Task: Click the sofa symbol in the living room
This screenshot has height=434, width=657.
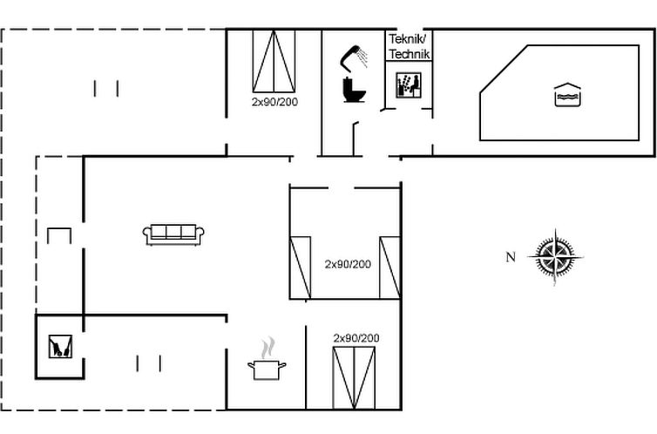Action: (x=173, y=234)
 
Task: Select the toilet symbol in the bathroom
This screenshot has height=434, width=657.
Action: (x=354, y=90)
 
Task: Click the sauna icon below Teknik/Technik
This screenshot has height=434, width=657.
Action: (x=409, y=85)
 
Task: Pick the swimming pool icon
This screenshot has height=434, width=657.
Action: (x=567, y=95)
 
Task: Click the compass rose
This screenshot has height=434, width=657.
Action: (x=555, y=257)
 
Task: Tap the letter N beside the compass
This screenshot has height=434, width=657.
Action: (x=511, y=257)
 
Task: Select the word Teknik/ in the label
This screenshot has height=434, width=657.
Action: (x=407, y=39)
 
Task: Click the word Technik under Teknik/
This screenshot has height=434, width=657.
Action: (x=410, y=54)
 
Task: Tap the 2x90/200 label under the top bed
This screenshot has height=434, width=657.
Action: (x=274, y=102)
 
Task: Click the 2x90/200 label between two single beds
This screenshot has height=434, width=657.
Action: (x=348, y=264)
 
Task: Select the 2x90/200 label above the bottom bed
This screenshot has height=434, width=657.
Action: (x=356, y=338)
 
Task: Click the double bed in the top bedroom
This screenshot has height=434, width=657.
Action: (x=274, y=61)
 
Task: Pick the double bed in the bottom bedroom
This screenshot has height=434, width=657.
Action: (x=354, y=378)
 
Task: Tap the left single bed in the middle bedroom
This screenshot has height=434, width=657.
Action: (x=301, y=268)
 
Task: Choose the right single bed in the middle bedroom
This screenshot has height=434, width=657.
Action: (x=390, y=268)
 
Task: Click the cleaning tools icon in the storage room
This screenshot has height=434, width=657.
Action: (x=60, y=346)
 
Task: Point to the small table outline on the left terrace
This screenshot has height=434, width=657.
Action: (x=59, y=236)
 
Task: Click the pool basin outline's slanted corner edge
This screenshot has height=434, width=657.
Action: (x=504, y=68)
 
